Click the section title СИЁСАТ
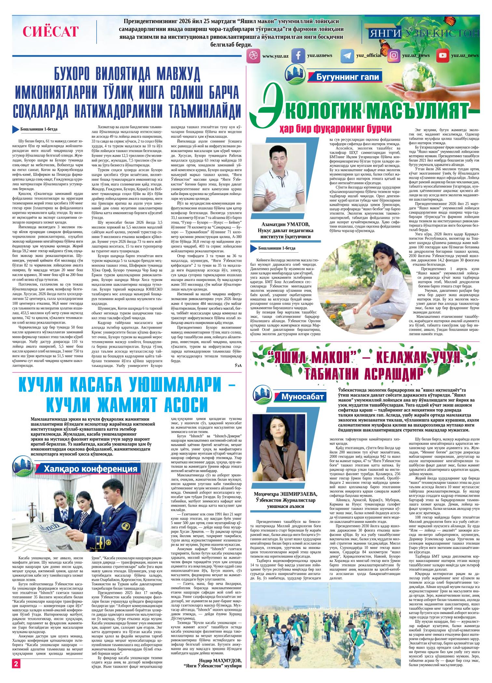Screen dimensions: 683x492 pos(50,32)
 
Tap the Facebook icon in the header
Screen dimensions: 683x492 pos(297,56)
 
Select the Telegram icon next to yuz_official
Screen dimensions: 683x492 pos(347,56)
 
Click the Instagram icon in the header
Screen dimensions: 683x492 pos(394,56)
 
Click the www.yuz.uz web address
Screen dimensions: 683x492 pos(275,56)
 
